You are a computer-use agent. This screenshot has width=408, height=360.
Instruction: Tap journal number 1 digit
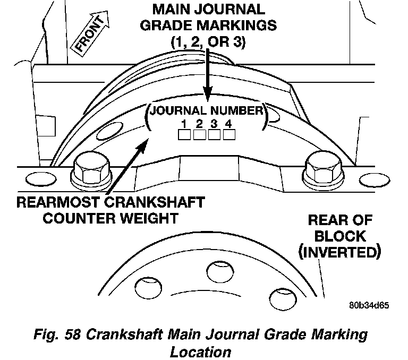(183, 124)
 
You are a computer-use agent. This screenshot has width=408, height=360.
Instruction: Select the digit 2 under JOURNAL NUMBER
(199, 124)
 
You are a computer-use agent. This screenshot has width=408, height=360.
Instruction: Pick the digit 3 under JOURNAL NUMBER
(214, 124)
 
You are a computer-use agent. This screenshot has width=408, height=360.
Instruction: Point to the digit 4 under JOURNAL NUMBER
(229, 124)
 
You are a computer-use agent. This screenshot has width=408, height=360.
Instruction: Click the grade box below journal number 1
(184, 135)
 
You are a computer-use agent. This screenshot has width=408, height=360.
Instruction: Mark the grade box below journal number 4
(229, 135)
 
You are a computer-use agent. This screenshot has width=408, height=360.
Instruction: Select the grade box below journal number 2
(199, 135)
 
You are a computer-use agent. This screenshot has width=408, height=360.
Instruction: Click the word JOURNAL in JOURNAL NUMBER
(177, 111)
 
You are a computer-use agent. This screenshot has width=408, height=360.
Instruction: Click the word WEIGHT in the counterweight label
(149, 218)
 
